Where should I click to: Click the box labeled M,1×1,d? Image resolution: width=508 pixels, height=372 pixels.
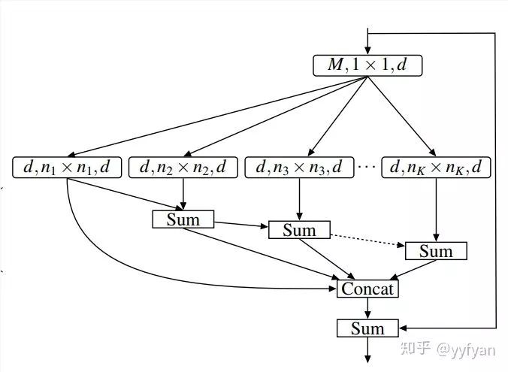coord(367,65)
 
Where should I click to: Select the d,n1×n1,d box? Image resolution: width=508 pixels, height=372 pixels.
coord(67,167)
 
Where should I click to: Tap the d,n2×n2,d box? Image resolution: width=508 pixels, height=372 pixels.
coord(183,167)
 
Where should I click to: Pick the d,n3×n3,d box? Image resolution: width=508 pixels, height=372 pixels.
coord(299,167)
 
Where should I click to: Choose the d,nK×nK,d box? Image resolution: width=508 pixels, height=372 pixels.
coord(436,167)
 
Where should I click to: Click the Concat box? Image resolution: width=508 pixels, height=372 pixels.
coord(367,289)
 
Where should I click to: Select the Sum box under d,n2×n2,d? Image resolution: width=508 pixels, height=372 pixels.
coord(183,219)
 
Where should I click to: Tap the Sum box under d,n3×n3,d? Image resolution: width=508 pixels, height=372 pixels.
coord(299,230)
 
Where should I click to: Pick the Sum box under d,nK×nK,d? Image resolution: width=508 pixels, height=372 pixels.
coord(436,250)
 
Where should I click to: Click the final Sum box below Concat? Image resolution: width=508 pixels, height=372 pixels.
coord(367,328)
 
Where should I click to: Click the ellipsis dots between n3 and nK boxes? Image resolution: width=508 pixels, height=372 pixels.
coord(367,167)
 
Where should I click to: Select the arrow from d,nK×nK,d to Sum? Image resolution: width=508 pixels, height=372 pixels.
coord(436,210)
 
